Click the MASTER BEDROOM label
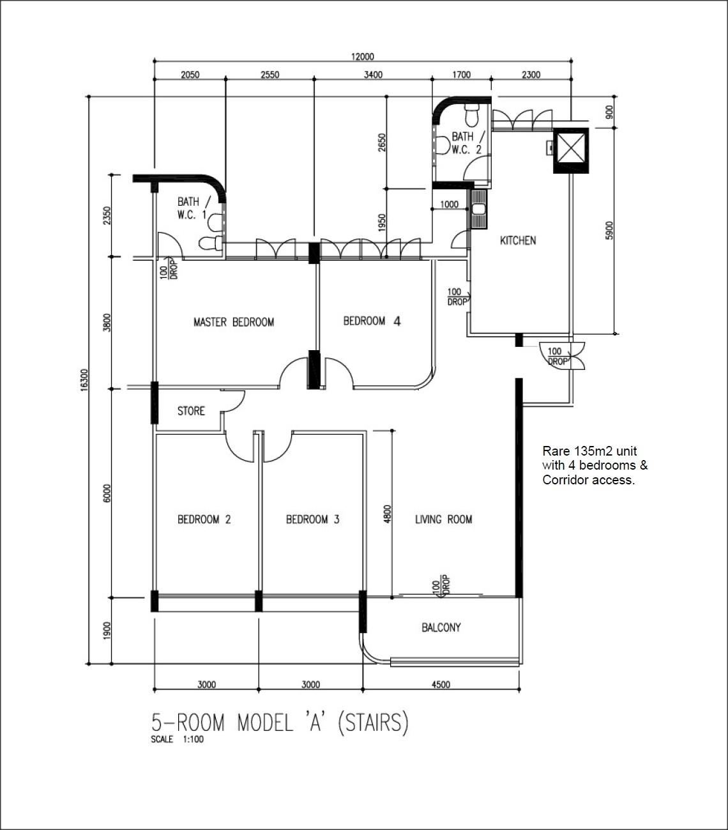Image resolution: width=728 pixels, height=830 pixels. [234, 322]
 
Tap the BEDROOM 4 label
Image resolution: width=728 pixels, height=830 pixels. [372, 321]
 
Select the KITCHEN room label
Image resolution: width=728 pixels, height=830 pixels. [518, 241]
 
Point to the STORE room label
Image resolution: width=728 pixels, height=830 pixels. [191, 411]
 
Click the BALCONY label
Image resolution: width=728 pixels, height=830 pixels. [441, 627]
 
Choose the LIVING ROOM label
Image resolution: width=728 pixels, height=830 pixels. [443, 519]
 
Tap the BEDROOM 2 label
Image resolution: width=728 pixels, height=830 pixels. [204, 519]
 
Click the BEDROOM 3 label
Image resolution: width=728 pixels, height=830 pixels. [312, 519]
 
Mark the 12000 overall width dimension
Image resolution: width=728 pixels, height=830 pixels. [362, 56]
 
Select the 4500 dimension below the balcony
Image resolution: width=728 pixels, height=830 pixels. [441, 684]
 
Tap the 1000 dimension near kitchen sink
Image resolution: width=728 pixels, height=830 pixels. [450, 204]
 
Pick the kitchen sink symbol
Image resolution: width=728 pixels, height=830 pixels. [479, 208]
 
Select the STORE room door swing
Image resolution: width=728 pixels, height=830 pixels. [235, 401]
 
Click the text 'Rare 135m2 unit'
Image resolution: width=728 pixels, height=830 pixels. [589, 451]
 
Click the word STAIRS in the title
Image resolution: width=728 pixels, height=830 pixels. [372, 723]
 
